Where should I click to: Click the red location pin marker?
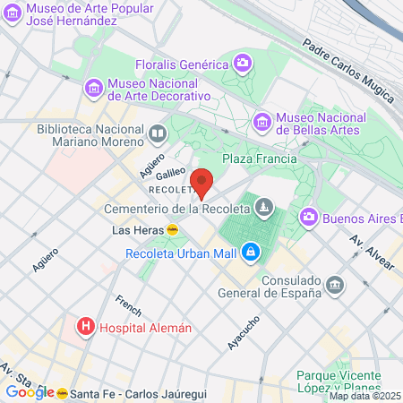[201, 182]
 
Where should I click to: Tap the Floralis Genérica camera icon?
[242, 63]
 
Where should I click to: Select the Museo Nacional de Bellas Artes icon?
[262, 119]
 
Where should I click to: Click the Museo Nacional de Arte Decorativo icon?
[91, 89]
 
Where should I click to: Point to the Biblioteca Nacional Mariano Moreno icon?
[158, 134]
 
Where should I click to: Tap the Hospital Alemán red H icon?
[86, 327]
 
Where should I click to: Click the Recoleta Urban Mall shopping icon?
[253, 253]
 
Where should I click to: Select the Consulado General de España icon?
[334, 285]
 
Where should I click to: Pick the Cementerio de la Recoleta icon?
[263, 209]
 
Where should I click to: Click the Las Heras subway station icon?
[171, 229]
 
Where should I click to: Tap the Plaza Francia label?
[259, 159]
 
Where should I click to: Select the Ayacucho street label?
[244, 330]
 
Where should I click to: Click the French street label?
[128, 304]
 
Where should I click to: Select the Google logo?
[29, 391]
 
